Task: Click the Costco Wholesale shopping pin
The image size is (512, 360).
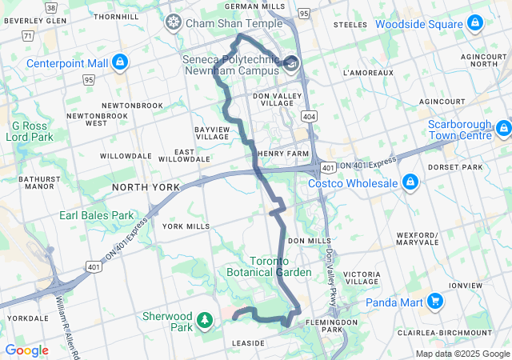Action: pos(410,183)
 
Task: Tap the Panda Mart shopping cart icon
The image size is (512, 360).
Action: pos(434,302)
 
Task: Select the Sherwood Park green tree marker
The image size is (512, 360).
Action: pos(206,321)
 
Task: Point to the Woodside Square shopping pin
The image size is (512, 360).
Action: pos(475,23)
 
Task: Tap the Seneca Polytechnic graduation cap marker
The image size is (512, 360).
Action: pos(291,64)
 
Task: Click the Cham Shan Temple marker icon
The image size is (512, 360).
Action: pos(173,23)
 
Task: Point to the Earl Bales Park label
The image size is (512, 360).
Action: pos(96,215)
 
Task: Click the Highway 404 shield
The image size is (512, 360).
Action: pos(309,116)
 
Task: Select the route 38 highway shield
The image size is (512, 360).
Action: pos(51,7)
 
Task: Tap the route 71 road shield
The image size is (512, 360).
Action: pos(28,36)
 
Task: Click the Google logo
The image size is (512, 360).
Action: pos(26,350)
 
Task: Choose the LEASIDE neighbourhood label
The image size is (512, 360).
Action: pos(248,343)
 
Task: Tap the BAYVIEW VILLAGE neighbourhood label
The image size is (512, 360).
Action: pos(212,132)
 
